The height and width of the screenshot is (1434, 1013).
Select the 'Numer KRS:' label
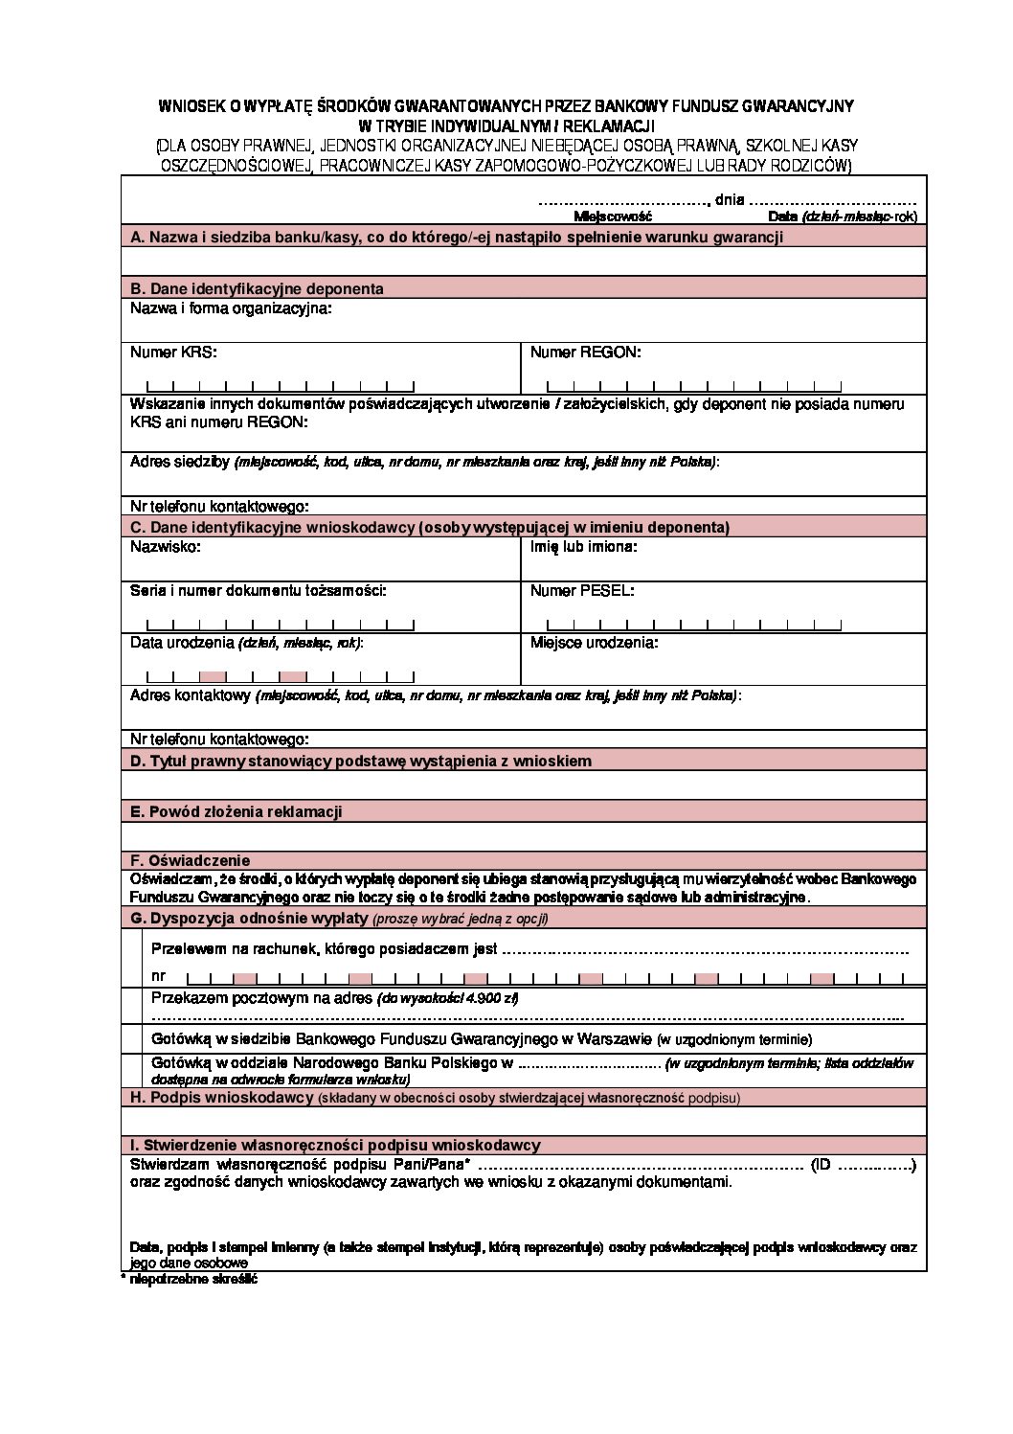pos(173,352)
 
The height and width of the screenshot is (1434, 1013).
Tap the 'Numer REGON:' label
pos(585,352)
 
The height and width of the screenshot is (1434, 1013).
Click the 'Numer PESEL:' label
pos(581,591)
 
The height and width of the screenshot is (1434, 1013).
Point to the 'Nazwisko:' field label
pos(165,547)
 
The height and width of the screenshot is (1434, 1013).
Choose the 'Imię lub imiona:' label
pos(583,547)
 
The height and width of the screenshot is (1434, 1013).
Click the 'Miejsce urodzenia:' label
pos(594,642)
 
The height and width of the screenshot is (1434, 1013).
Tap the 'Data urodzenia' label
pos(182,642)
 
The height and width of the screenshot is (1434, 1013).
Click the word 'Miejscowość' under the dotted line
pos(612,217)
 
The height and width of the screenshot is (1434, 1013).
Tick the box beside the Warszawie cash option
pos(136,1039)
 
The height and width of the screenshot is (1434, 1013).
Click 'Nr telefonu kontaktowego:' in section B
pos(219,506)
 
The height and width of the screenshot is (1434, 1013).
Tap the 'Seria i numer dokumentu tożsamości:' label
pos(259,591)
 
